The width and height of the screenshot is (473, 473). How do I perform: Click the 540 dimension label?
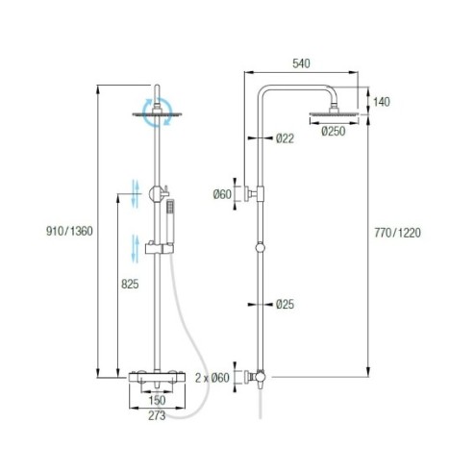click(x=301, y=63)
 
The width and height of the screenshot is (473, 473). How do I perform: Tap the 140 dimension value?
click(x=382, y=102)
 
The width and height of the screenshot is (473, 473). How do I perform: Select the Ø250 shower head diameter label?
click(x=334, y=131)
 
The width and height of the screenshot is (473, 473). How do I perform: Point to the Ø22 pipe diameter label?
click(x=285, y=138)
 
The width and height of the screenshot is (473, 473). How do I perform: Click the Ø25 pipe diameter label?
click(x=285, y=304)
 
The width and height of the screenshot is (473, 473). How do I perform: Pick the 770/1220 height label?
click(x=397, y=233)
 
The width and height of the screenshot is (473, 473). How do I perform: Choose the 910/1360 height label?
click(x=69, y=231)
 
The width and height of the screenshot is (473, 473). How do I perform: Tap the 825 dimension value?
click(x=130, y=284)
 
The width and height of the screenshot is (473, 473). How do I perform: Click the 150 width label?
click(x=157, y=400)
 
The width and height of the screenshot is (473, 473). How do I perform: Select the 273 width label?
click(x=157, y=415)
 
